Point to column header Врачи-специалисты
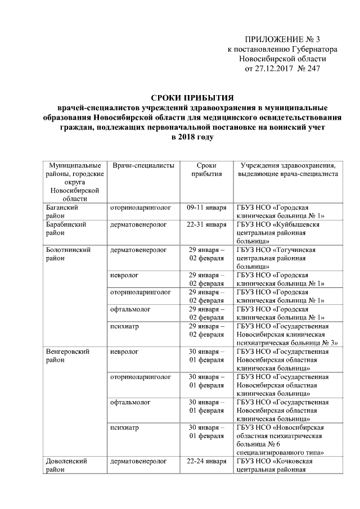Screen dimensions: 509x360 click(x=143, y=166)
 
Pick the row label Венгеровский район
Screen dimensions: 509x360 click(x=66, y=356)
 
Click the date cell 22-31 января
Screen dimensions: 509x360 click(x=207, y=224)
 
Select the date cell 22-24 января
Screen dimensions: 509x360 click(x=207, y=461)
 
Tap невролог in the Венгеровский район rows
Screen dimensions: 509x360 click(x=125, y=352)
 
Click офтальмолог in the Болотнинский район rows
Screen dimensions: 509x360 click(x=130, y=309)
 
